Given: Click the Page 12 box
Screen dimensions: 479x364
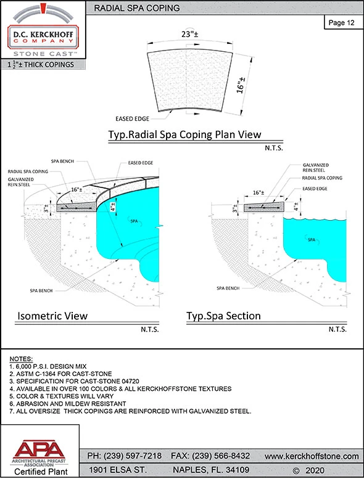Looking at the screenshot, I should click(341, 23).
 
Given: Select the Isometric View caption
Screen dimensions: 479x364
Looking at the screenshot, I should click(52, 316).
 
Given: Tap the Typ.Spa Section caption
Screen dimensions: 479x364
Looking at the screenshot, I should click(223, 316).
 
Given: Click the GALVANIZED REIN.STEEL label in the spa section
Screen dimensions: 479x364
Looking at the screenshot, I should click(315, 168).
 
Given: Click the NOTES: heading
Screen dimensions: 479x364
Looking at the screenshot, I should click(22, 359).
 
